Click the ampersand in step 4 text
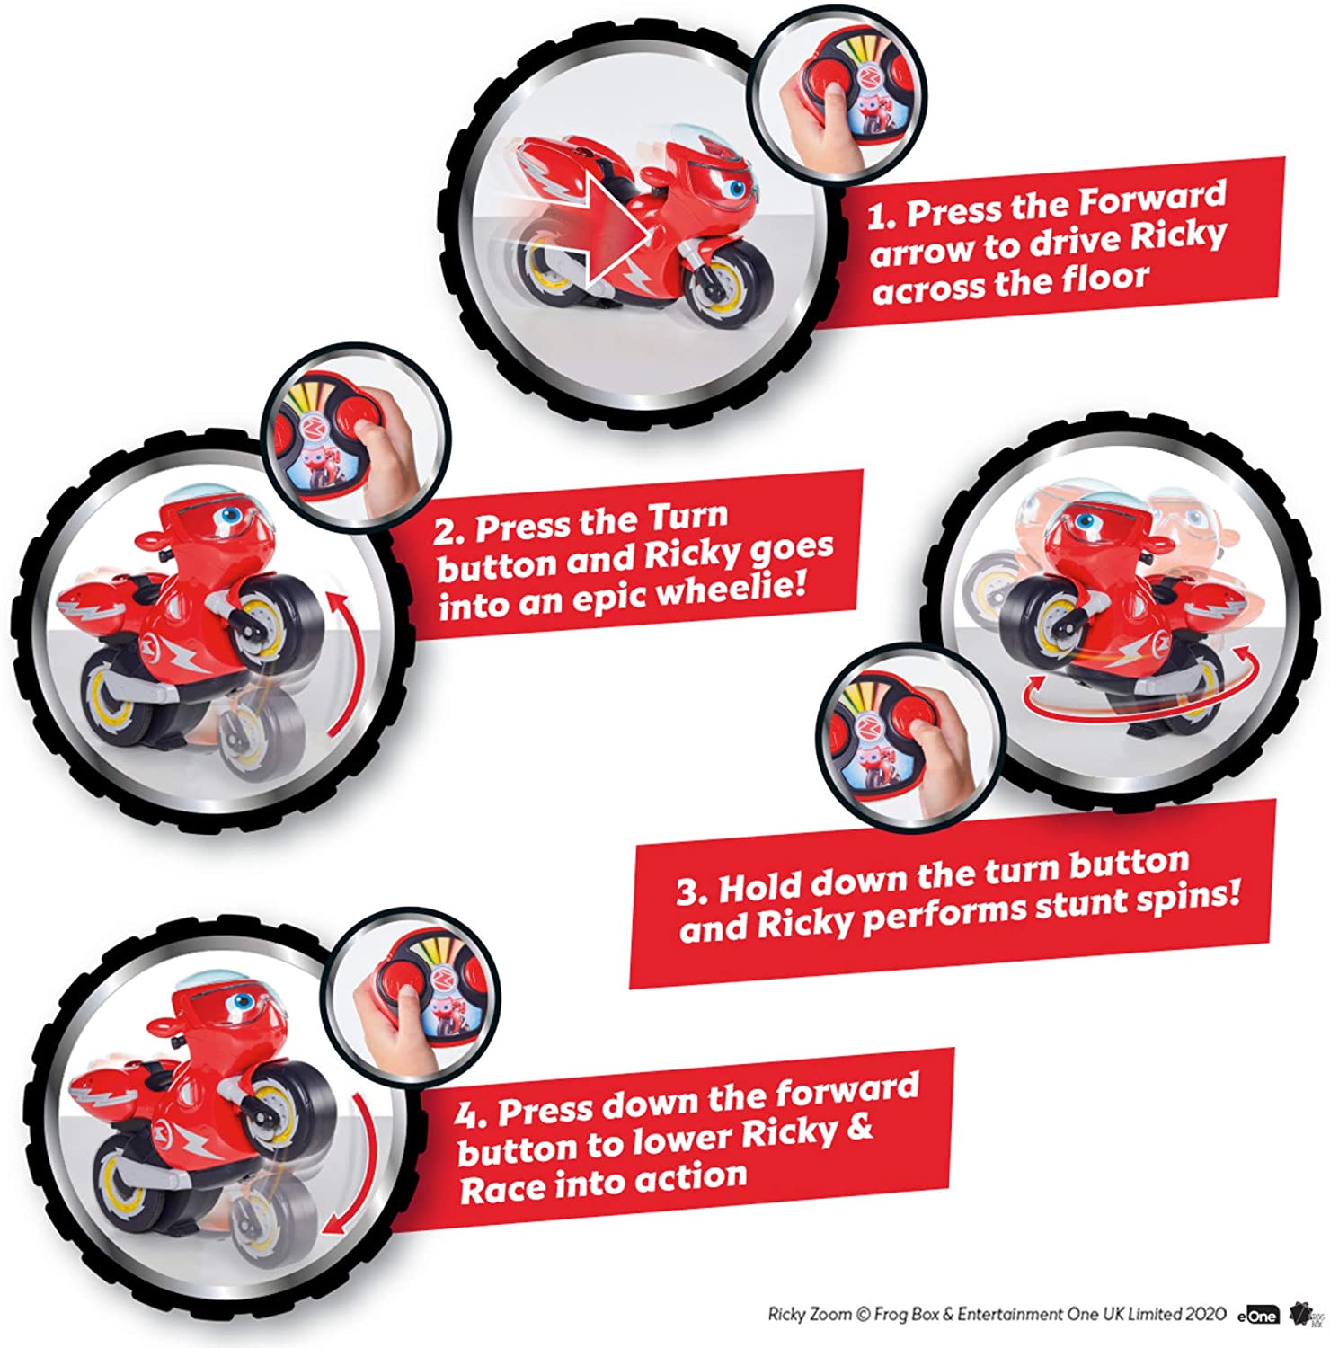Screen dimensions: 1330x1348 859,1128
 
